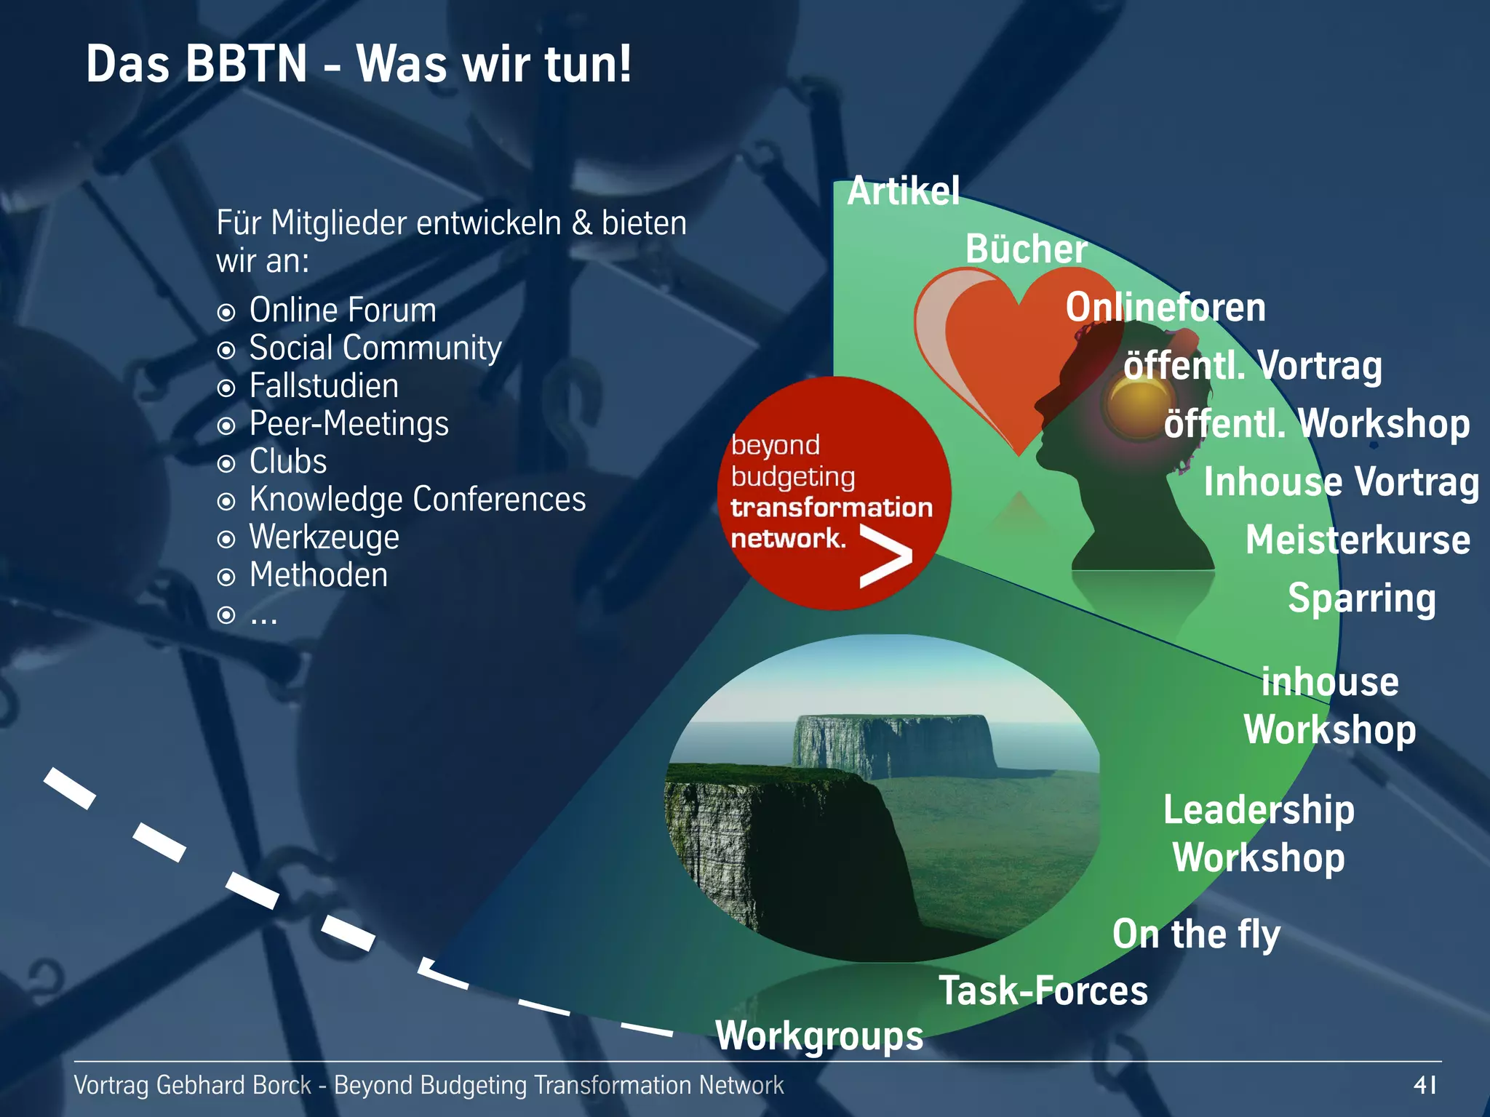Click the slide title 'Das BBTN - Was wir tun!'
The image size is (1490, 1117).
[359, 64]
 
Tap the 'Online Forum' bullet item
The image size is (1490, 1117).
[342, 311]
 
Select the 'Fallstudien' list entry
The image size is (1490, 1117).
[324, 386]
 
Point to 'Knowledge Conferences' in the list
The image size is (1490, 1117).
[417, 500]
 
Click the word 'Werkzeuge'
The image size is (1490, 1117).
[324, 537]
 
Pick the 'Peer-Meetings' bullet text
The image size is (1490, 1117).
[348, 424]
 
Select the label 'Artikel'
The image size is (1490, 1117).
[903, 191]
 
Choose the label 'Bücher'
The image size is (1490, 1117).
[1026, 249]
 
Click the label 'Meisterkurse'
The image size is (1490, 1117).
[1358, 540]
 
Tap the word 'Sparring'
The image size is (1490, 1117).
[1362, 598]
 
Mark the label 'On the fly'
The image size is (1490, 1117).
[1196, 934]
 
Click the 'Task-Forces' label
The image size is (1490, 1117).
[1043, 991]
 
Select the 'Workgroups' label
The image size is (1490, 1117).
[819, 1036]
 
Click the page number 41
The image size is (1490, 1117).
[1425, 1085]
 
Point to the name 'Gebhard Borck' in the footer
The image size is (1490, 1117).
[234, 1085]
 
